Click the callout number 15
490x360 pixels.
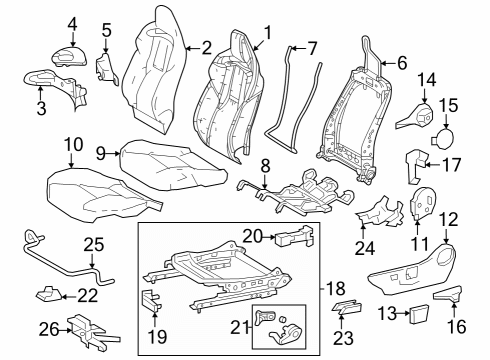(448, 104)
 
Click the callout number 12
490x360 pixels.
(448, 218)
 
